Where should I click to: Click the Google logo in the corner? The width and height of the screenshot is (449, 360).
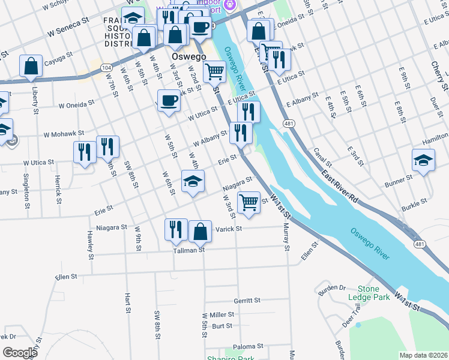tap(20, 352)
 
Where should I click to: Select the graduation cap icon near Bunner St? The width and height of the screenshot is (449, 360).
tap(423, 161)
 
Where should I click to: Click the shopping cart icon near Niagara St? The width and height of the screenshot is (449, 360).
tap(248, 202)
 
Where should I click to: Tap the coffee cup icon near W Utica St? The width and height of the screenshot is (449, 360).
tap(169, 100)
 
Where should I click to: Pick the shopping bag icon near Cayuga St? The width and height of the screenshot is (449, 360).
tap(31, 66)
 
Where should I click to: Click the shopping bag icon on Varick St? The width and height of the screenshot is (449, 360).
tap(200, 231)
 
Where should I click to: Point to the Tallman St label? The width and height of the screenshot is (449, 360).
tap(189, 250)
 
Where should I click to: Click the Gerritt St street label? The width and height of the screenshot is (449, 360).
tap(247, 300)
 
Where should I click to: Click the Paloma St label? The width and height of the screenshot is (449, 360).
tap(248, 346)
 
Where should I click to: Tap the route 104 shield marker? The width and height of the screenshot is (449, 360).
tap(106, 68)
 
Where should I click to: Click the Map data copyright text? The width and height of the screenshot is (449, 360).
tap(423, 355)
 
